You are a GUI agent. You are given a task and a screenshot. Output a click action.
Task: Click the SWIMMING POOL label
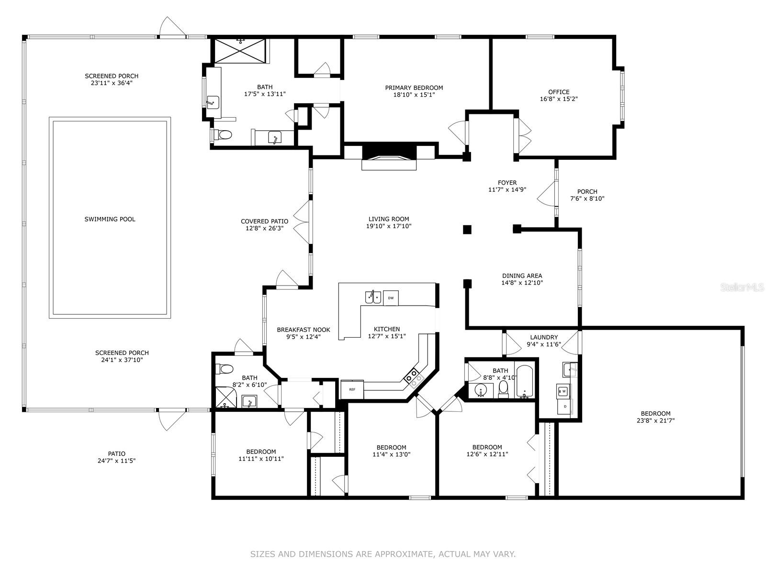coord(110,219)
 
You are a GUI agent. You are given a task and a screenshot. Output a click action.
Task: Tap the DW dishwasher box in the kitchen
coord(391,298)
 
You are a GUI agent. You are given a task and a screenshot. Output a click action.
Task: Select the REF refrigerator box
coord(352,389)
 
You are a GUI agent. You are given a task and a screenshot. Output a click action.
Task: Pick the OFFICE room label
coord(559,92)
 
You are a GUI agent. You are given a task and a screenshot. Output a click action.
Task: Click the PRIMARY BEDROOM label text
coord(414,88)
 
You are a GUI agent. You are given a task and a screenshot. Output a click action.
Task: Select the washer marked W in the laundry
coord(563,391)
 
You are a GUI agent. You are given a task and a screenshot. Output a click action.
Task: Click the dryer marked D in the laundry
coord(564,407)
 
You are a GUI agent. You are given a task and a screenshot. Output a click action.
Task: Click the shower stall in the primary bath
coord(240,51)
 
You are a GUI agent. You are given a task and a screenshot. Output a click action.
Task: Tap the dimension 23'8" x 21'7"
coord(655,420)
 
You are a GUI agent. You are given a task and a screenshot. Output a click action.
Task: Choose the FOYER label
coord(507,183)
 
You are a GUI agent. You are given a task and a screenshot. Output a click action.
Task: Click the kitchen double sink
coord(373,297)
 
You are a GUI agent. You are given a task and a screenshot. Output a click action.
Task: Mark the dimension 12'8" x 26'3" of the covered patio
coord(265,228)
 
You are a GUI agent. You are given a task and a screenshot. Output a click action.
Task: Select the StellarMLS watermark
coord(742,287)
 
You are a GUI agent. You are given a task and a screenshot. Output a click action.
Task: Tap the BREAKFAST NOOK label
coord(303,330)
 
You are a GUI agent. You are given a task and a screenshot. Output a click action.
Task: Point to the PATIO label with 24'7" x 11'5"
coord(116,454)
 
